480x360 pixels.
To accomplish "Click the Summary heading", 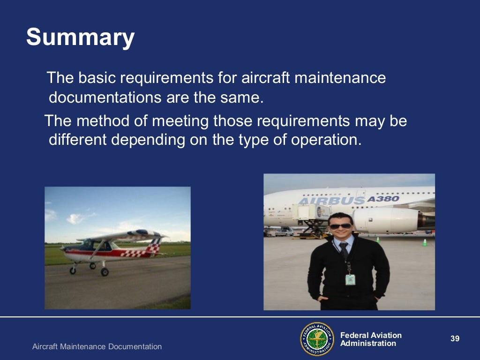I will pyautogui.click(x=80, y=37).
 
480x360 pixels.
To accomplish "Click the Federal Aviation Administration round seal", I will pyautogui.click(x=317, y=339).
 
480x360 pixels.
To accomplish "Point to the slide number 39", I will pyautogui.click(x=454, y=338).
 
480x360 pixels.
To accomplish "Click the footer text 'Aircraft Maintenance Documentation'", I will pyautogui.click(x=97, y=347).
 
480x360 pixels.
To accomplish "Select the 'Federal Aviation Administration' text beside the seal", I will pyautogui.click(x=370, y=339).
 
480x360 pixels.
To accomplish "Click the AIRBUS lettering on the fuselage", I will pyautogui.click(x=331, y=201).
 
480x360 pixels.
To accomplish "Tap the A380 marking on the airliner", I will pyautogui.click(x=382, y=198).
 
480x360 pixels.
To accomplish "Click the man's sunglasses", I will pyautogui.click(x=340, y=226).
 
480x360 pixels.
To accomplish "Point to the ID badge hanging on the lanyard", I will pyautogui.click(x=350, y=279).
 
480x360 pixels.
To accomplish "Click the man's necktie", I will pyautogui.click(x=344, y=251).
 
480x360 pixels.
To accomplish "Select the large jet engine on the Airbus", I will pyautogui.click(x=387, y=220).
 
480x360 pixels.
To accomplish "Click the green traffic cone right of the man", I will pyautogui.click(x=425, y=242).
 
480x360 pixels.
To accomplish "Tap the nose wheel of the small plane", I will pyautogui.click(x=73, y=270).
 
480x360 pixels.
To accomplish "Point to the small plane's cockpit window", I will pyautogui.click(x=89, y=245).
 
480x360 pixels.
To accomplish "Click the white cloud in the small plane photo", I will pyautogui.click(x=75, y=218).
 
